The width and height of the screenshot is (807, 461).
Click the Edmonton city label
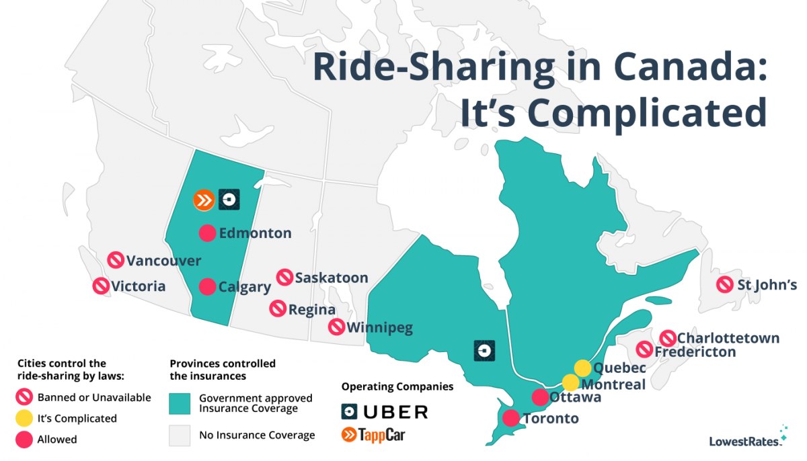pos(255,234)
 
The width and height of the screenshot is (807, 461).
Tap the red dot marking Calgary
pos(208,287)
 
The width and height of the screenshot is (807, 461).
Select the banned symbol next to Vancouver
pos(116,260)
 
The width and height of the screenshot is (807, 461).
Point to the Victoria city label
pos(139,286)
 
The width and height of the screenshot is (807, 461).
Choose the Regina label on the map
pos(311,310)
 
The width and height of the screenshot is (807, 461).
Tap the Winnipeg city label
pos(379,328)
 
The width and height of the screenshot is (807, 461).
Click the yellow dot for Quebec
pos(582,368)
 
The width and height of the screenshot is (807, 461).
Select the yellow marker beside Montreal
pos(570,383)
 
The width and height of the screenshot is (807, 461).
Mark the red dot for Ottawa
pos(540,397)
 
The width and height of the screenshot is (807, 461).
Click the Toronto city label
pos(549,419)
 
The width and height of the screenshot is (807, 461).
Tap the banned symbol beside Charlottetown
pos(668,339)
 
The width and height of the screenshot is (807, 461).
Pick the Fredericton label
pos(695,351)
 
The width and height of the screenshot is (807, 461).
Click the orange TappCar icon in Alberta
pos(202,200)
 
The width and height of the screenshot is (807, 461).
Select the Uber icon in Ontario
pos(484,350)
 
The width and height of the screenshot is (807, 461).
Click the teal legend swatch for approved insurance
pos(180,403)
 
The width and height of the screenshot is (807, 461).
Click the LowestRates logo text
pos(745,442)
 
